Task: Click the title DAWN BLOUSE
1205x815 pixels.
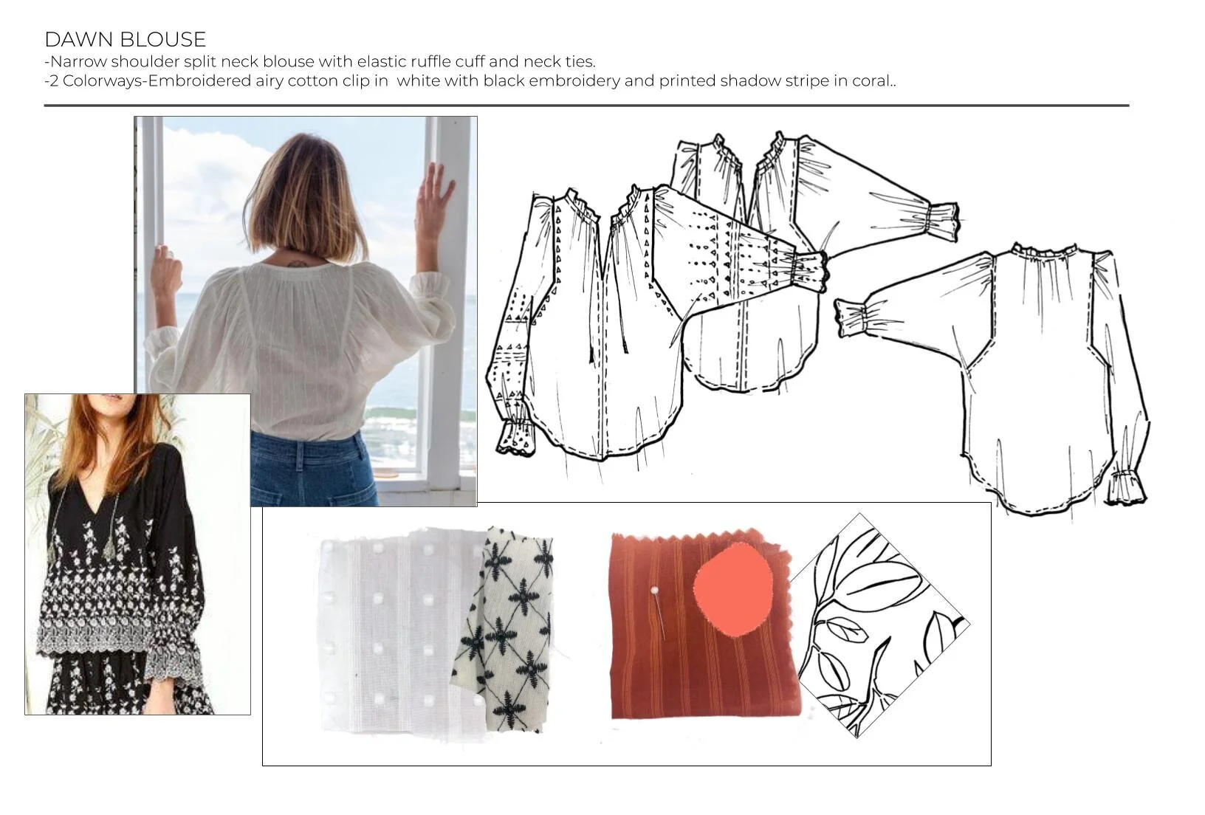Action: coord(125,39)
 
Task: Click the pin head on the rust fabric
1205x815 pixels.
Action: coord(654,591)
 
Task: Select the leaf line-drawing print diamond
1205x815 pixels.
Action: coord(879,625)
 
